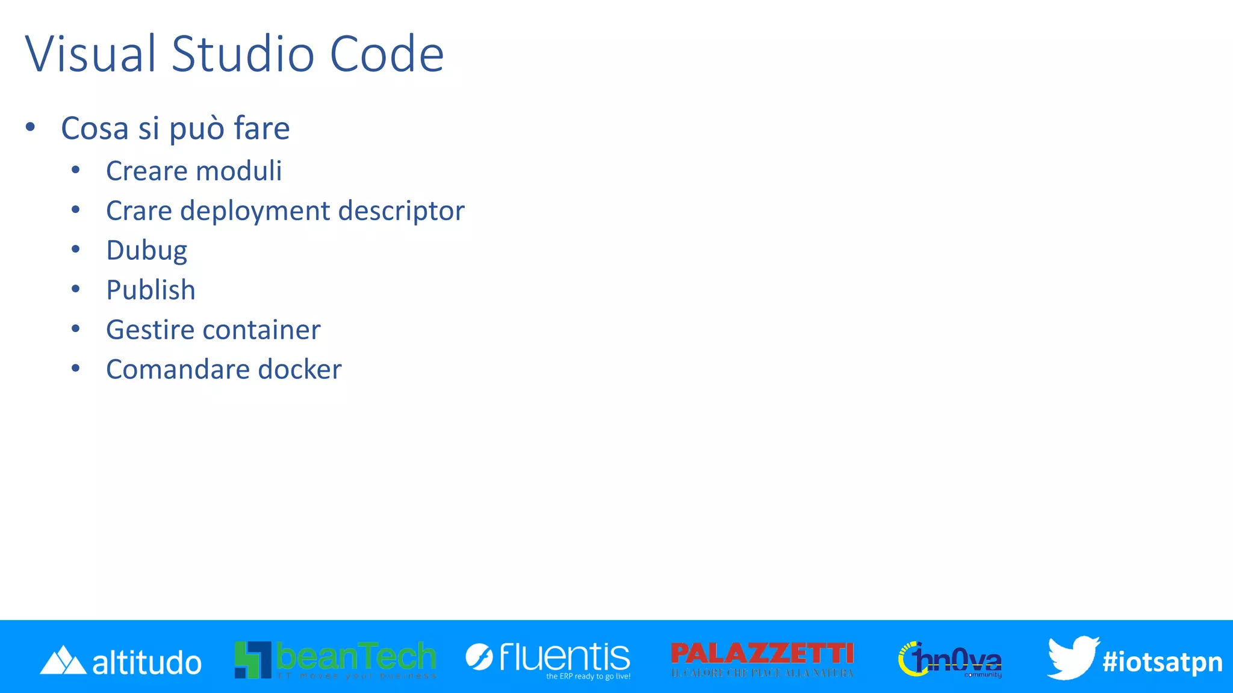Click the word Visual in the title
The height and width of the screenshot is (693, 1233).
pos(91,54)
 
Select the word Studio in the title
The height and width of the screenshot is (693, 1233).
pos(243,54)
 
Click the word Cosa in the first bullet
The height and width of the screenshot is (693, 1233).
pos(95,128)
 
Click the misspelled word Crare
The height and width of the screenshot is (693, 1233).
pos(139,211)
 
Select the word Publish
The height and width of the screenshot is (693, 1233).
pos(151,291)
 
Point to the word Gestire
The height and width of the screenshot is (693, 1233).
pos(151,330)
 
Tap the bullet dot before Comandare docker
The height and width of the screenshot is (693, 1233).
pos(75,369)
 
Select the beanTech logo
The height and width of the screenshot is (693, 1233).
pos(335,659)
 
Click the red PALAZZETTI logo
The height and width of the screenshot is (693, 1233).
pos(762,658)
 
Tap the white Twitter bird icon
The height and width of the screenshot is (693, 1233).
pos(1072,658)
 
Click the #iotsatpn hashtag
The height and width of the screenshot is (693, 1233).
pos(1163,662)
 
